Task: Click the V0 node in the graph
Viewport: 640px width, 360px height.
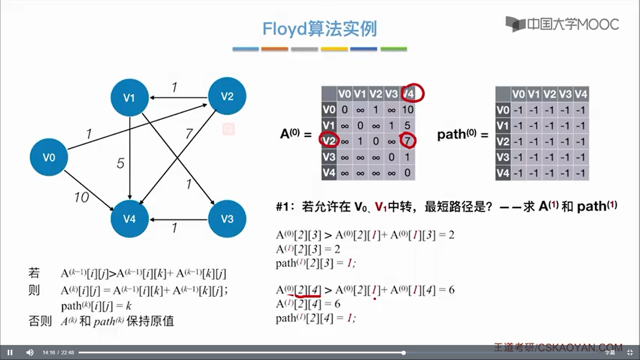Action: click(x=49, y=157)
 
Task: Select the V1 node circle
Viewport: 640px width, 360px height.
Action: click(x=129, y=97)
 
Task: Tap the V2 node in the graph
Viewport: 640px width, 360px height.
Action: click(x=227, y=96)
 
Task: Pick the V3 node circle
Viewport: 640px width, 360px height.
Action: click(x=227, y=219)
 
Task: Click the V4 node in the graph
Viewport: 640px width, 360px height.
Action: click(x=129, y=219)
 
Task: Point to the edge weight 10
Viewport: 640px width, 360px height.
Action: click(x=82, y=197)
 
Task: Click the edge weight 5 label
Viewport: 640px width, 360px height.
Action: click(x=120, y=163)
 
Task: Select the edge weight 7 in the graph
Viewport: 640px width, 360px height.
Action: click(x=189, y=134)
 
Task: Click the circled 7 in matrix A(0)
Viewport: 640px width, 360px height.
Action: click(x=407, y=141)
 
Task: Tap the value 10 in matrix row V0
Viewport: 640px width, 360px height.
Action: click(x=407, y=110)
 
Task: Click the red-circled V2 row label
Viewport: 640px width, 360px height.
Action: click(x=329, y=141)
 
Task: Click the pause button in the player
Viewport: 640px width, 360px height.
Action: click(x=10, y=352)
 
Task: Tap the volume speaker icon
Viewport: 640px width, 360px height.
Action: click(x=30, y=352)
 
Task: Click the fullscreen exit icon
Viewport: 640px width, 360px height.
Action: click(x=630, y=352)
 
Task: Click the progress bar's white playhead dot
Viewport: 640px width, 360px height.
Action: click(x=403, y=353)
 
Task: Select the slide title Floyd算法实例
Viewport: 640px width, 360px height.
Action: click(x=319, y=29)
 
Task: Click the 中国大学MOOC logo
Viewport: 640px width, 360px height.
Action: click(x=562, y=24)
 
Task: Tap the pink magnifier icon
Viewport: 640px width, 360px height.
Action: click(x=229, y=129)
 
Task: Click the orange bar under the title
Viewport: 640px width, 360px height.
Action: click(x=274, y=49)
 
